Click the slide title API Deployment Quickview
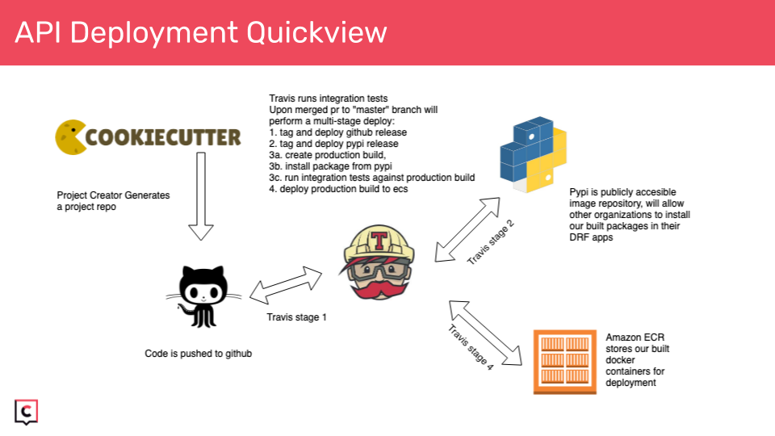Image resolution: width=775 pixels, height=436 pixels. [x=201, y=32]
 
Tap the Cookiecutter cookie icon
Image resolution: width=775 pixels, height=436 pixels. [x=69, y=136]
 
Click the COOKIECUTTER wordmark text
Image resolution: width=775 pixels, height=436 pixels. [x=162, y=136]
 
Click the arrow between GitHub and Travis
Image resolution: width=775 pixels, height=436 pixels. [x=286, y=283]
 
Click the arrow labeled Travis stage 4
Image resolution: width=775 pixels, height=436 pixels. [x=485, y=333]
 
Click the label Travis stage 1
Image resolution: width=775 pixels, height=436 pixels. [x=296, y=317]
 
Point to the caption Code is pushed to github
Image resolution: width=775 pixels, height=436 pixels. [x=193, y=354]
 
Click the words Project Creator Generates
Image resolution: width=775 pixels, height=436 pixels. [x=113, y=195]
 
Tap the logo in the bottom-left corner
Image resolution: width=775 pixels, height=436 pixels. [x=27, y=411]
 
